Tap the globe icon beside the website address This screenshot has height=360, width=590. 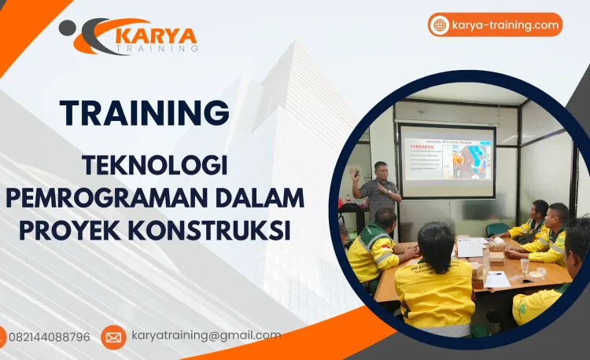pos(440,25)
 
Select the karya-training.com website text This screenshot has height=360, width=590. pos(505,25)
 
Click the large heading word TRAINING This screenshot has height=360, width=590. pos(145,112)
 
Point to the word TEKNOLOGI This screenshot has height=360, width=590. pos(155,167)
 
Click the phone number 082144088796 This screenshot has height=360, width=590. pos(50,337)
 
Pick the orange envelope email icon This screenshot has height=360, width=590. pos(113,337)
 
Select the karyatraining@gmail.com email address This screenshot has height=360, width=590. pos(206,336)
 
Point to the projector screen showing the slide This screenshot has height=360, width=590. pos(447,160)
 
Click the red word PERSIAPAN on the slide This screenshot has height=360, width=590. pos(420,145)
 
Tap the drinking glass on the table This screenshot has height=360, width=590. pos(525,266)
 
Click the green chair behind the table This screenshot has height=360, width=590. pos(497,230)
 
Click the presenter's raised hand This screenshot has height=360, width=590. pos(356,172)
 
